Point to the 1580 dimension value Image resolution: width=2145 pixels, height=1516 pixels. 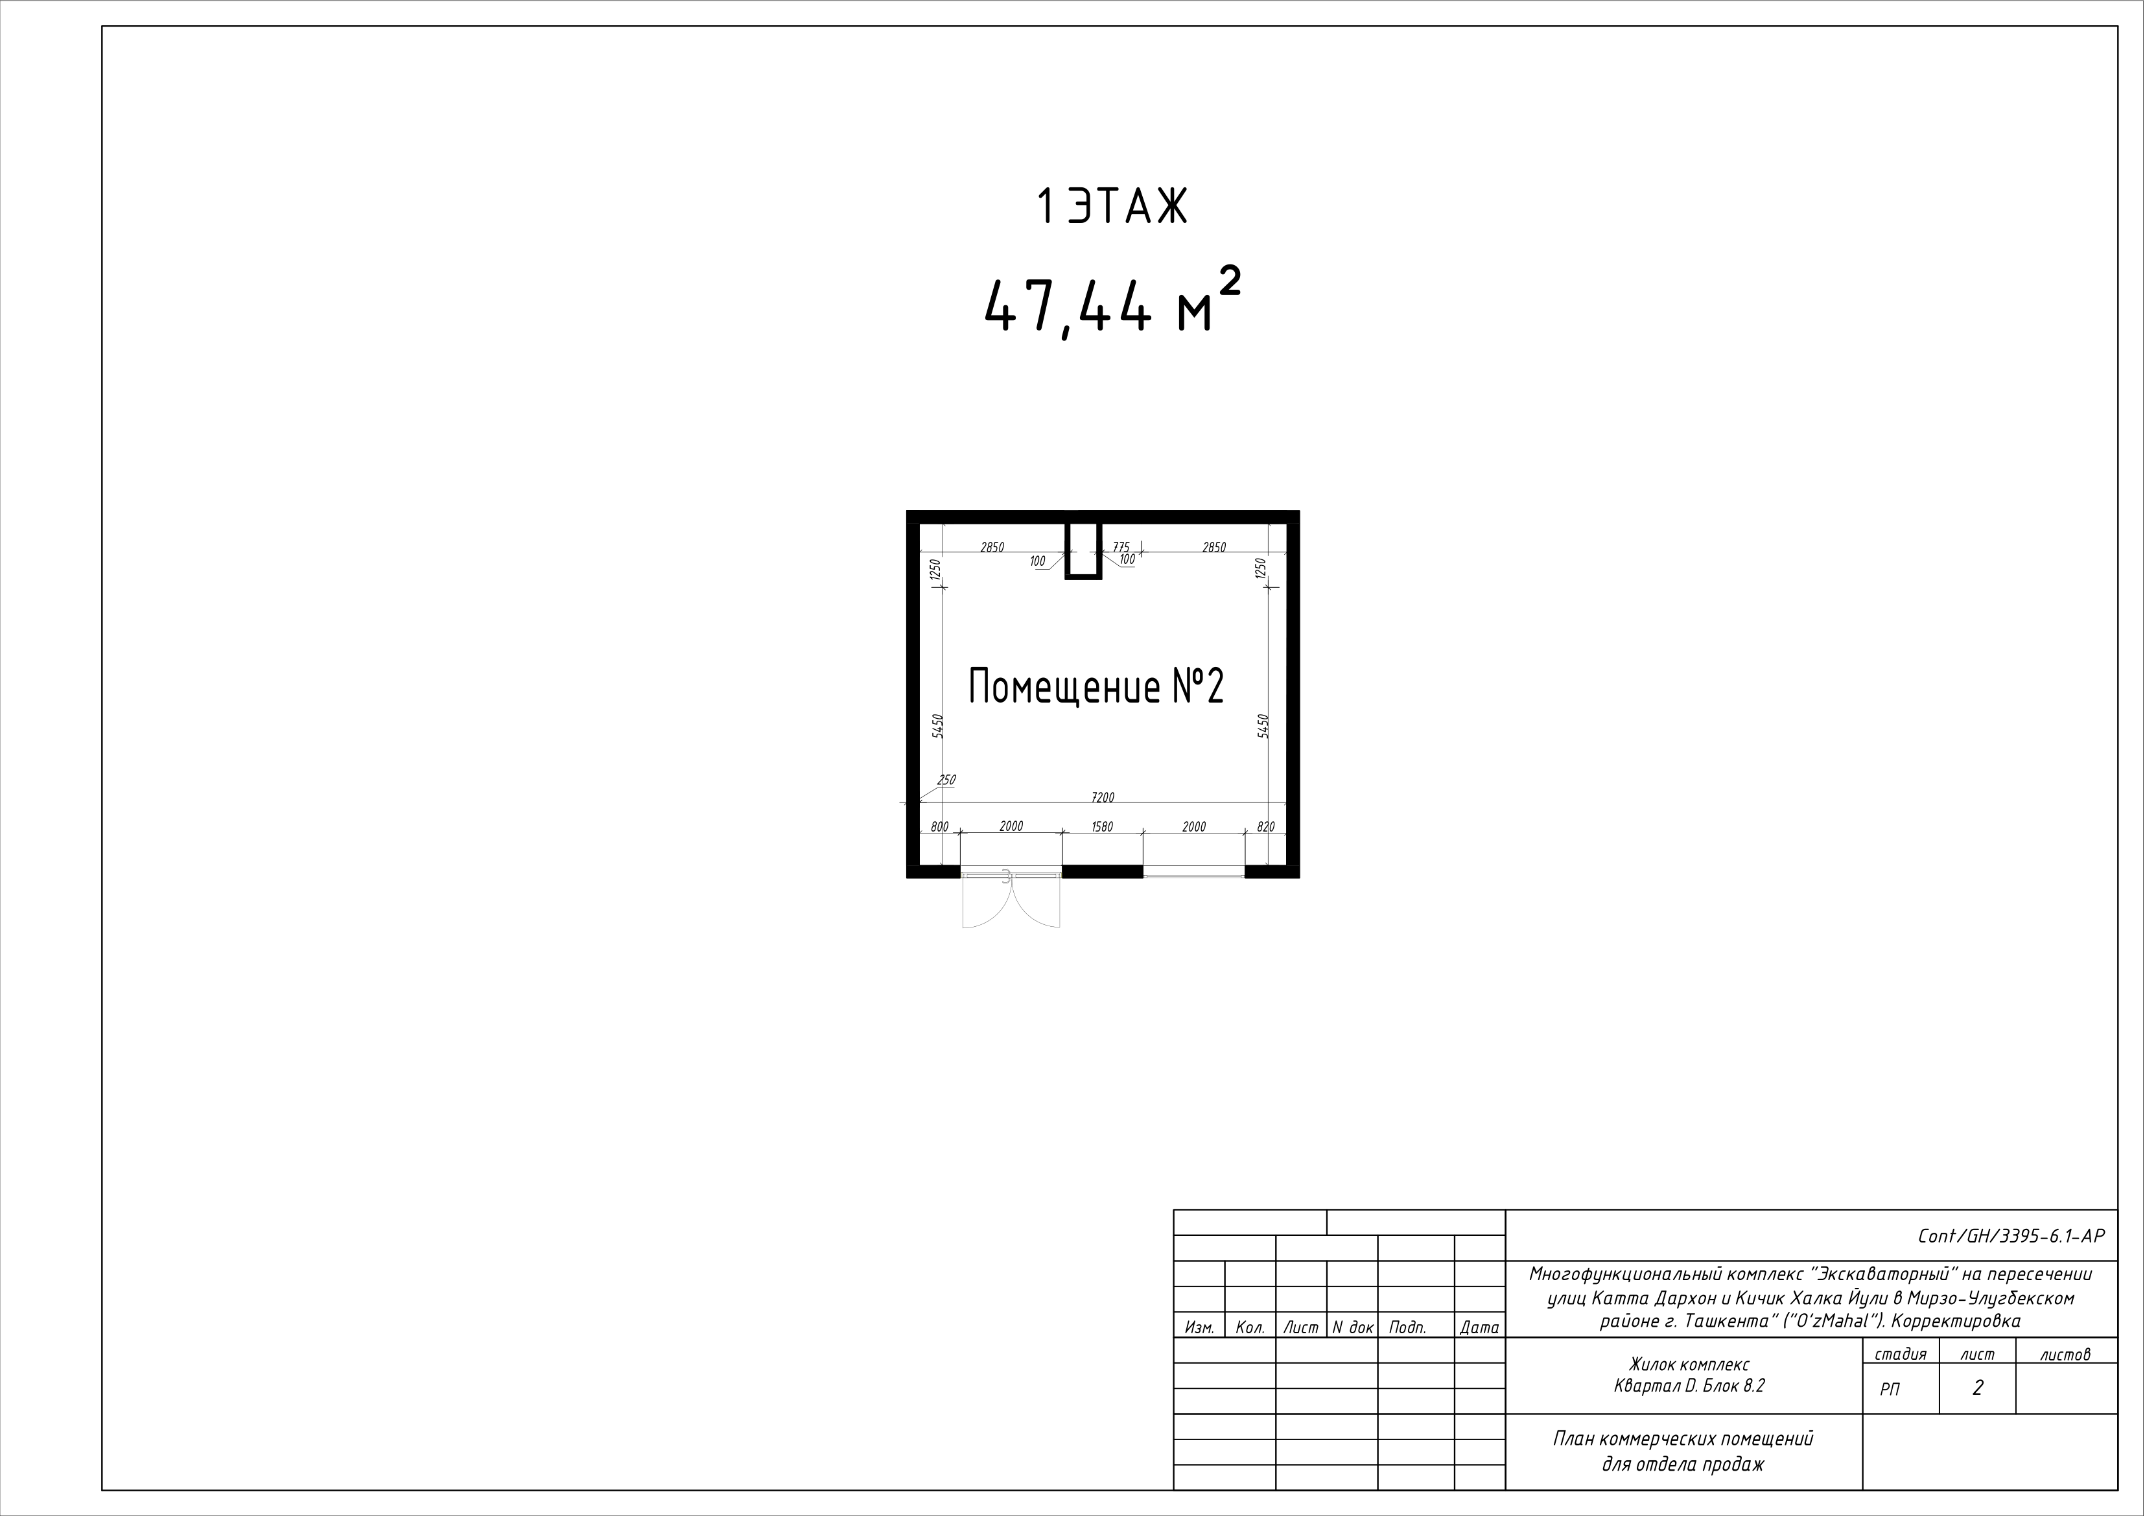tap(1103, 826)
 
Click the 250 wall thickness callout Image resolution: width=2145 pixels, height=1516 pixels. tap(946, 780)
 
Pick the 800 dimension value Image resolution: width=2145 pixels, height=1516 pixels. tap(940, 826)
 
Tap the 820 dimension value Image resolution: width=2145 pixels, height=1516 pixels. tap(1266, 826)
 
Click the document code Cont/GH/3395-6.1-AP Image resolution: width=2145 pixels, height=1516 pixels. tap(2010, 1236)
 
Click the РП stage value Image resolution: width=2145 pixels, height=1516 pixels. tap(1889, 1390)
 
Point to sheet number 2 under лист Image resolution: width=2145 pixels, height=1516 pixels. tap(1977, 1388)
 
